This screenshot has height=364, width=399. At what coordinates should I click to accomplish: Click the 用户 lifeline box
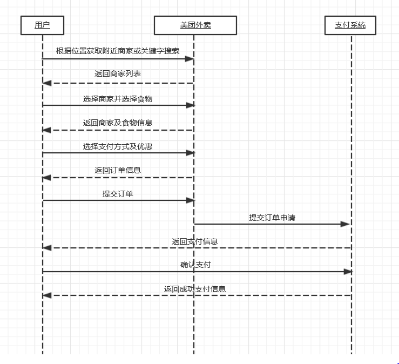pos(42,25)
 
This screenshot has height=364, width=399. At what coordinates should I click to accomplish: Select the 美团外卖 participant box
pos(195,25)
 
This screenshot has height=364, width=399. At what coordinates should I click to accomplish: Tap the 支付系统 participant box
pos(350,25)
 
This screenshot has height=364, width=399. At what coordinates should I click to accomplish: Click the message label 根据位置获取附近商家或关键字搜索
pos(118,51)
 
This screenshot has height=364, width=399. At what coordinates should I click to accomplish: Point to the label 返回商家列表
pos(118,74)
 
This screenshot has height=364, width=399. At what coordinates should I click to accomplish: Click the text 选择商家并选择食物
pos(118,99)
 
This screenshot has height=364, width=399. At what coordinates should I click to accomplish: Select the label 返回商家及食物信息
pos(118,123)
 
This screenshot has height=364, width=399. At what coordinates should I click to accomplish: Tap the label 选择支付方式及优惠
pos(118,146)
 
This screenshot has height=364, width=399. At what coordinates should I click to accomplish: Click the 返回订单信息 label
pos(118,170)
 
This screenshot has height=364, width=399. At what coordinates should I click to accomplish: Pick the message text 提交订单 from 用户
pos(118,194)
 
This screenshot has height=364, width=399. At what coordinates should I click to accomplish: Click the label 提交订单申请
pos(272,218)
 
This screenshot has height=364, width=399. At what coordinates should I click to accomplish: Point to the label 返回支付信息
pos(195,241)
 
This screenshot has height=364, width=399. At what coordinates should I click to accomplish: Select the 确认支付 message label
pos(195,265)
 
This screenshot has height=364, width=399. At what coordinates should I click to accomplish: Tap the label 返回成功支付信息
pos(195,289)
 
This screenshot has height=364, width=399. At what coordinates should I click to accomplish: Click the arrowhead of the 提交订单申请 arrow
pos(346,224)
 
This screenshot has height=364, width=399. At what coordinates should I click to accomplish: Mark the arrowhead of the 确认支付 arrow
pos(348,272)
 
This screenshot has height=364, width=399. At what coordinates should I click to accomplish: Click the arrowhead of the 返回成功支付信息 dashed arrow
pos(47,295)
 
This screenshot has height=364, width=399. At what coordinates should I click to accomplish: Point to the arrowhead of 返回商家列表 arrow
pos(47,83)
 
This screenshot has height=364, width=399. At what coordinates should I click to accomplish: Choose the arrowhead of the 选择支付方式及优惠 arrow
pos(190,153)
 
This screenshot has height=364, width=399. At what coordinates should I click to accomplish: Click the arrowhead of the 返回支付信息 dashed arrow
pos(47,248)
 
